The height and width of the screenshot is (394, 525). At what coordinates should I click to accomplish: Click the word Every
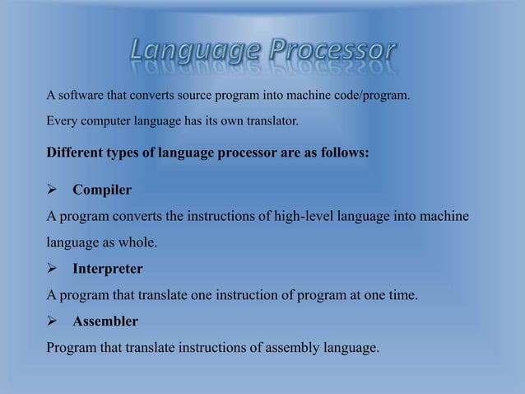61,122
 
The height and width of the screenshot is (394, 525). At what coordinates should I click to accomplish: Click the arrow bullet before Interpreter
52,270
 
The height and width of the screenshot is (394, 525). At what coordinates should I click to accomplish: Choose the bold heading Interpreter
107,270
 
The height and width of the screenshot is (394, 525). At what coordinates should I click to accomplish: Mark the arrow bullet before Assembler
52,321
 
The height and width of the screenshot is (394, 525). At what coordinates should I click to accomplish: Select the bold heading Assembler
105,321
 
